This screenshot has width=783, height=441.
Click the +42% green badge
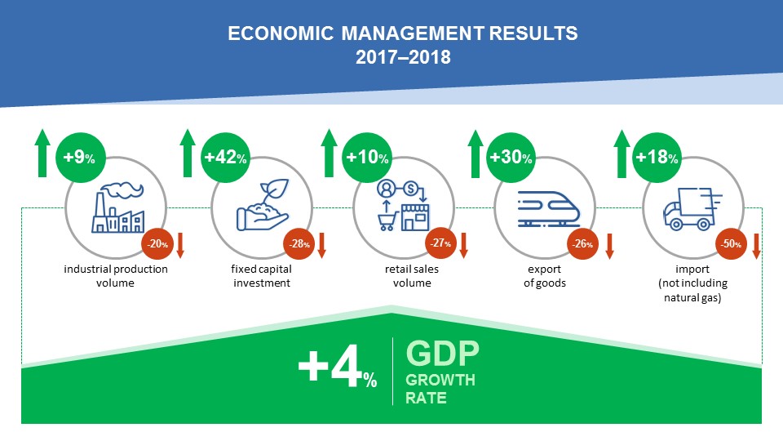point(225,158)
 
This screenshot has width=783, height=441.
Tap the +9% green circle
point(81,158)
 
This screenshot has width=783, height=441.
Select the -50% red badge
point(731,244)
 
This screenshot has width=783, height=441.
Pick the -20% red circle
point(157,244)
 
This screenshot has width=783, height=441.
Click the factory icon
point(118,207)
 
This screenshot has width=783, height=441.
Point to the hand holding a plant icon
point(263,205)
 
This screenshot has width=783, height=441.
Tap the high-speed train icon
point(548,209)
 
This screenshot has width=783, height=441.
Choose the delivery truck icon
point(692,209)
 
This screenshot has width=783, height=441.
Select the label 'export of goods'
point(544,276)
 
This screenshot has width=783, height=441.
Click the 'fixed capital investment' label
point(262,276)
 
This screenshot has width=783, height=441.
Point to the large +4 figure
point(330,367)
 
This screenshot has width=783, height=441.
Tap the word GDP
point(442,353)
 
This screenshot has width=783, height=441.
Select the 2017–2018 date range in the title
point(403,57)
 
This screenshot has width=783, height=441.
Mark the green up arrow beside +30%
point(476,154)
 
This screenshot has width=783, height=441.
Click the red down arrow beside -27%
point(463,245)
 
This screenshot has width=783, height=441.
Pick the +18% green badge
point(657,158)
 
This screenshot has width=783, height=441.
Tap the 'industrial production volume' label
point(116,276)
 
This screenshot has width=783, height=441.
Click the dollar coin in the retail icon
point(410,189)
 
